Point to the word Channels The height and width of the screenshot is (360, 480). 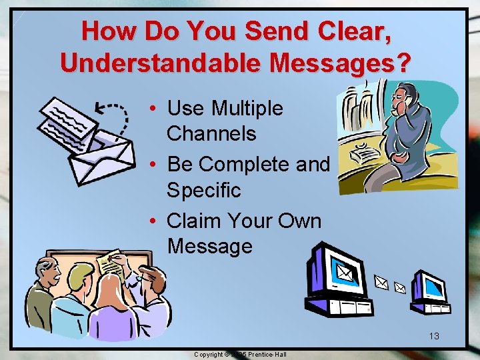pyautogui.click(x=211, y=133)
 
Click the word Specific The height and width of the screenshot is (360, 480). pyautogui.click(x=203, y=190)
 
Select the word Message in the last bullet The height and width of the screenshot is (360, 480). pyautogui.click(x=210, y=246)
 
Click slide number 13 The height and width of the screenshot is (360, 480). pyautogui.click(x=434, y=336)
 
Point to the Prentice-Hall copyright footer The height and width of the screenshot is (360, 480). pyautogui.click(x=240, y=354)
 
